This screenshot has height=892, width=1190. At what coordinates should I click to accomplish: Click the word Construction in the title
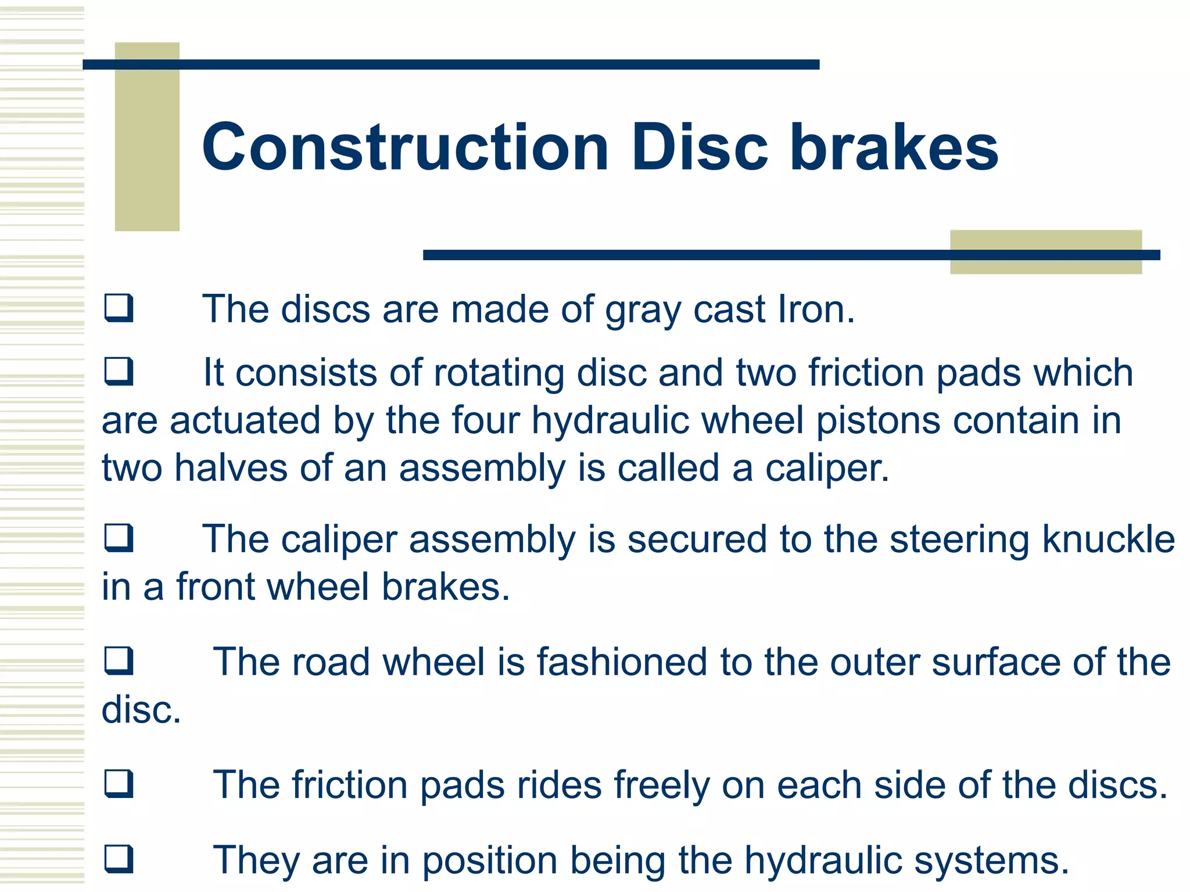point(405,148)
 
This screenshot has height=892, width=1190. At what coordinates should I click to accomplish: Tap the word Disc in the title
point(700,148)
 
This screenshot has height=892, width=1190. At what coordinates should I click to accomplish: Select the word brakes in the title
point(894,148)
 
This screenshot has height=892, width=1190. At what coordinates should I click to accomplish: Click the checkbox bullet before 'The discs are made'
point(119,308)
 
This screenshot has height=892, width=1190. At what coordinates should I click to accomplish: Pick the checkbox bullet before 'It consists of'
point(119,372)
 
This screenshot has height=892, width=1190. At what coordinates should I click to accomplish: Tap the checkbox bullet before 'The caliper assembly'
point(119,538)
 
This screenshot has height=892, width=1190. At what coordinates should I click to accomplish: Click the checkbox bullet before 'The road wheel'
point(119,661)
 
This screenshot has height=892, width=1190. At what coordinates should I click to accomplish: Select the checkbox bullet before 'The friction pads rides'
point(119,784)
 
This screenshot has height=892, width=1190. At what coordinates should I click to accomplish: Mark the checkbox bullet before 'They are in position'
point(119,859)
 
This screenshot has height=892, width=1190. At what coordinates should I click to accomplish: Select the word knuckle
point(1108,539)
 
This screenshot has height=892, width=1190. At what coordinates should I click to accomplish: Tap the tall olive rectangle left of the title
point(147,136)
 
